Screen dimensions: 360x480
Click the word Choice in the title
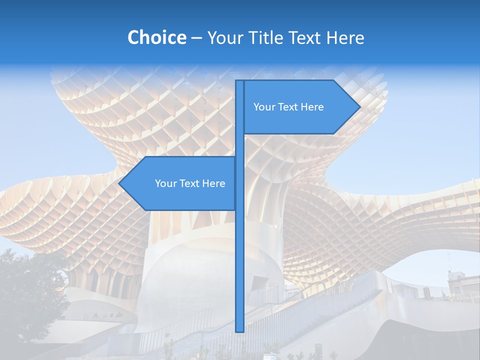pyautogui.click(x=156, y=37)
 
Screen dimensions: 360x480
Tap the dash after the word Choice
pyautogui.click(x=196, y=38)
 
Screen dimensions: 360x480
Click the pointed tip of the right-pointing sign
pyautogui.click(x=359, y=106)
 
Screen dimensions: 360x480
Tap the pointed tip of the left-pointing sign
pyautogui.click(x=119, y=183)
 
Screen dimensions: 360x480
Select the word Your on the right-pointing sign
pyautogui.click(x=264, y=107)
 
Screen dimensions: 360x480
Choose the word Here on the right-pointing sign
pyautogui.click(x=312, y=107)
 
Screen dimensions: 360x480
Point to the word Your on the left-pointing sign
pyautogui.click(x=166, y=183)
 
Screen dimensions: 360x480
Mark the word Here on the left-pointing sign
pyautogui.click(x=214, y=183)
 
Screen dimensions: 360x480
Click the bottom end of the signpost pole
pyautogui.click(x=239, y=330)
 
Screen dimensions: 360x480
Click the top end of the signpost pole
pyautogui.click(x=239, y=81)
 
